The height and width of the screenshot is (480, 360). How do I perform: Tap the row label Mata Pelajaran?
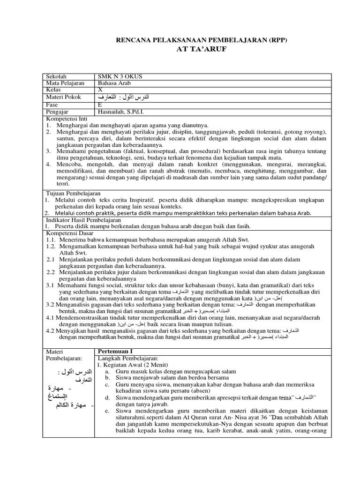pyautogui.click(x=65, y=83)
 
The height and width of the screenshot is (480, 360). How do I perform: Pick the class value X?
pyautogui.click(x=100, y=90)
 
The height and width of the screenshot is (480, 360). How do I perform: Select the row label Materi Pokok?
pyautogui.click(x=63, y=97)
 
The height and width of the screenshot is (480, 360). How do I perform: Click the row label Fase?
pyautogui.click(x=52, y=105)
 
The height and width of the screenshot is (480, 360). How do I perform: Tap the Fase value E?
pyautogui.click(x=100, y=105)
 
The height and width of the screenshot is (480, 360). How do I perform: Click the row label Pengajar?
pyautogui.click(x=58, y=112)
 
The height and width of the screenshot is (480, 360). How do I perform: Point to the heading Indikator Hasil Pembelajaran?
pyautogui.click(x=83, y=220)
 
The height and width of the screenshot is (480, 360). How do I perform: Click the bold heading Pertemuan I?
pyautogui.click(x=114, y=351)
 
